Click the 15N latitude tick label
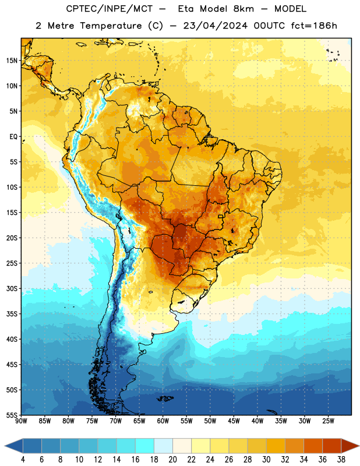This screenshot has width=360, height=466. [x=12, y=61]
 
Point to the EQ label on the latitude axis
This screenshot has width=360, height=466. [x=13, y=137]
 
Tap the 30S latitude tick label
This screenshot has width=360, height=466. [x=12, y=288]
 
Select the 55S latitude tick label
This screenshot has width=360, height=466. [x=12, y=415]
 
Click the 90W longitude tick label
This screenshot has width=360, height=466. [x=22, y=421]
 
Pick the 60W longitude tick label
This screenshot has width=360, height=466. [x=163, y=421]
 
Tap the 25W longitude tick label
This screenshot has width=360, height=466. [x=328, y=421]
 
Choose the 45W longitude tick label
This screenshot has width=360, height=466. [x=234, y=421]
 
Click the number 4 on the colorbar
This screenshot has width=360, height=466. [x=23, y=460]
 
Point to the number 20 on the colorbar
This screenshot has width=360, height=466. [x=172, y=460]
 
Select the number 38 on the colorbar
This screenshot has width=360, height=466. [x=341, y=460]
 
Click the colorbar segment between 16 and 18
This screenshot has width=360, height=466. [x=144, y=446]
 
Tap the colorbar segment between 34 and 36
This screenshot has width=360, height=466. [x=313, y=446]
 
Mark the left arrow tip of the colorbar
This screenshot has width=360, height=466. [x=5, y=446]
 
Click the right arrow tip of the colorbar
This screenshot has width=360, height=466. [x=359, y=446]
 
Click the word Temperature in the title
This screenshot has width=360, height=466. [x=111, y=26]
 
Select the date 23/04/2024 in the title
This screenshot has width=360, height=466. [x=215, y=26]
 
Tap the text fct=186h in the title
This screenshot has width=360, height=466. [x=314, y=26]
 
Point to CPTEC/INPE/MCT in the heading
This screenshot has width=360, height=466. [x=109, y=9]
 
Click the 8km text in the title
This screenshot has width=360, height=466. [x=243, y=9]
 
